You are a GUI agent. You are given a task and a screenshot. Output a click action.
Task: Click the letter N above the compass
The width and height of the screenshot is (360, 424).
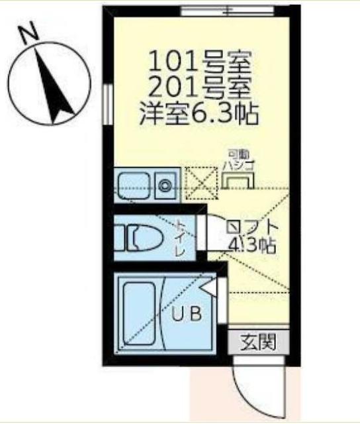pos(28,34)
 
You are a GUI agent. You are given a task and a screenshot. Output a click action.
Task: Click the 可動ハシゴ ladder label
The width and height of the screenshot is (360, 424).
pos(237,159)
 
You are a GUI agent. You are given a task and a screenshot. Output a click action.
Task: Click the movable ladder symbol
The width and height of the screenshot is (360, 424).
pos(236,180)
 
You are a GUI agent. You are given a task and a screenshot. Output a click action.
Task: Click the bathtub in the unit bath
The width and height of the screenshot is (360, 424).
pos(140,310)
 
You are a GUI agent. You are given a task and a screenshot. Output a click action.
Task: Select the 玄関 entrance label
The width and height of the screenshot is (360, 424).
pos(255,343)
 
